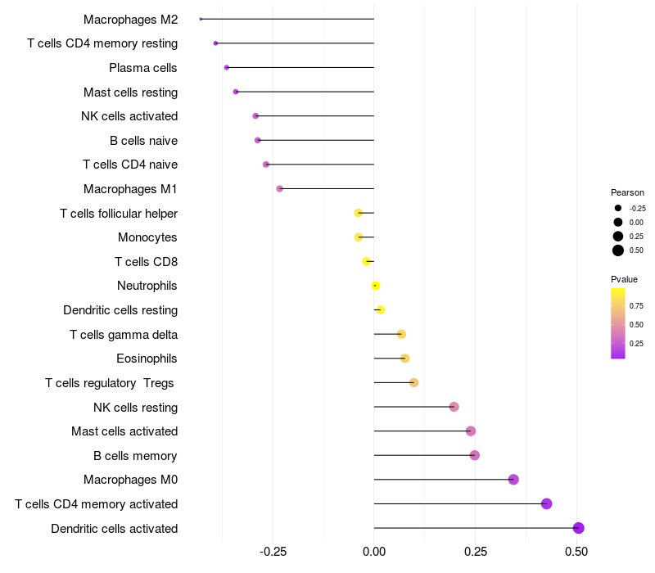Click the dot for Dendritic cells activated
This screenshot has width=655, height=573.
pos(578,528)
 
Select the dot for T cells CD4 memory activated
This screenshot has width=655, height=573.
pos(546,504)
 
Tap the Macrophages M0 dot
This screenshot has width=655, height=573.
pos(513,480)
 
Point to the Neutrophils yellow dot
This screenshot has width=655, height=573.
pos(376,286)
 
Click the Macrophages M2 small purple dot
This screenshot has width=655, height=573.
pos(201,19)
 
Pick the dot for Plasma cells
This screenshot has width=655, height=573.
pos(227,67)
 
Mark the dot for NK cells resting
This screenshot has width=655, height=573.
pos(454,407)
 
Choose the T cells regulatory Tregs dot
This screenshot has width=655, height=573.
pos(413,383)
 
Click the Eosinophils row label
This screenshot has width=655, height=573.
pos(147,359)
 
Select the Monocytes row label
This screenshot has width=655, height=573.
pos(147,237)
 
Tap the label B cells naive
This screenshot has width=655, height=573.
pos(143,141)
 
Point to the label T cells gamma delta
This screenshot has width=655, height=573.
pos(124,335)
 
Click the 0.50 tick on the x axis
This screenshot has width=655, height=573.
pos(576,552)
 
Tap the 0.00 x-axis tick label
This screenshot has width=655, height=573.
pos(374,552)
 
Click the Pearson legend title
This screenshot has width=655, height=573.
pos(627,192)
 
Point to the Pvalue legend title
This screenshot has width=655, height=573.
pos(624,280)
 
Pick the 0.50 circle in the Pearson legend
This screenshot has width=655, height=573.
pos(618,250)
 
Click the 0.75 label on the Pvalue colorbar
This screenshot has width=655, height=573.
pos(636,306)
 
